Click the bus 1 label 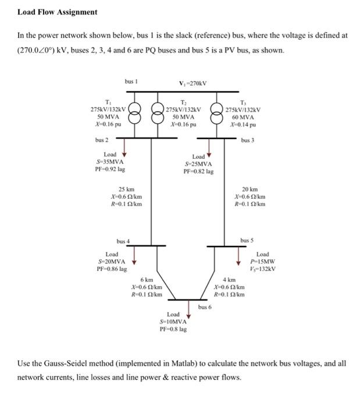tap(131, 81)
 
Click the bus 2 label tap(102, 140)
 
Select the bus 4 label tap(123, 241)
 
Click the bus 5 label tap(247, 240)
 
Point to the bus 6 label tap(205, 306)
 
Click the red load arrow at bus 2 tap(124, 152)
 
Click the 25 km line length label tap(126, 190)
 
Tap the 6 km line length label tap(146, 280)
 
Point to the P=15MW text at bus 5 tap(263, 261)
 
